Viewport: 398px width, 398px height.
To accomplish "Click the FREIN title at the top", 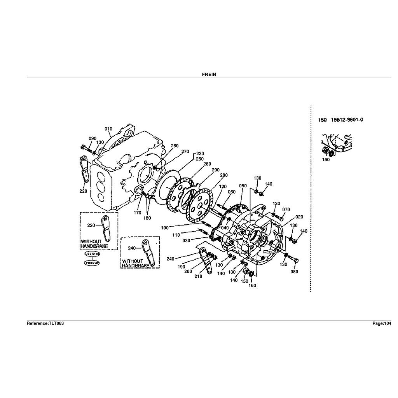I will (209, 75).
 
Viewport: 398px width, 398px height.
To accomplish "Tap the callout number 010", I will (108, 129).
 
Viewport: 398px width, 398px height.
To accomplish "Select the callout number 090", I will (92, 139).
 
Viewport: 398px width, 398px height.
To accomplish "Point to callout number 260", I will (175, 146).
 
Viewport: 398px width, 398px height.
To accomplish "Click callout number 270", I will (185, 152).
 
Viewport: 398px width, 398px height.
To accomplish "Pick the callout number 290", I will (216, 170).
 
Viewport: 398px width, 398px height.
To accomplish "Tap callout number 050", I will (243, 186).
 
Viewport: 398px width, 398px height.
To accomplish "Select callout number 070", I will (286, 210).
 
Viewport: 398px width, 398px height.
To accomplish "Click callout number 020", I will (299, 217).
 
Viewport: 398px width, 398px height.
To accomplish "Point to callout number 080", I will (294, 272).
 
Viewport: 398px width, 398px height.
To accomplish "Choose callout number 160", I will (252, 286).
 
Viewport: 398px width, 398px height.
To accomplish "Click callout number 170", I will (138, 213).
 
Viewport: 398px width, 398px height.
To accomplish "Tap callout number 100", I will (165, 227).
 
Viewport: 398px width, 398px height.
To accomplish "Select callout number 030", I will (186, 241).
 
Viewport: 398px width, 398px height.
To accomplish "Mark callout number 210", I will (198, 277).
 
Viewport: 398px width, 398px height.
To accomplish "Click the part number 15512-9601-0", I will (347, 120).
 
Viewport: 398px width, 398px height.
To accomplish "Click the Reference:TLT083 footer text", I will (45, 323).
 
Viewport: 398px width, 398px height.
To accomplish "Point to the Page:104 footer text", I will (382, 323).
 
